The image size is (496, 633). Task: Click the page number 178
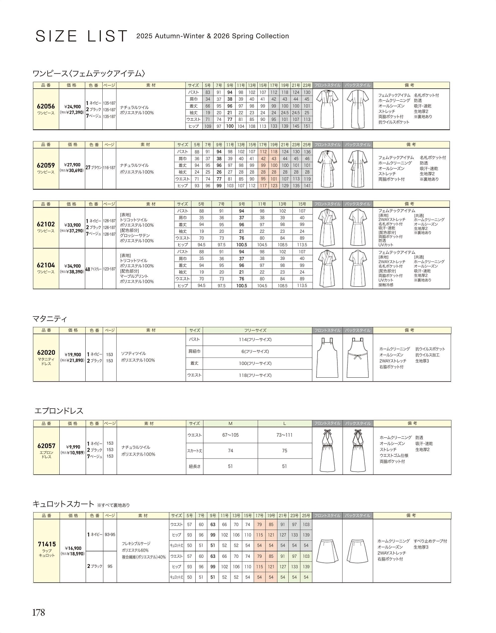pos(38,612)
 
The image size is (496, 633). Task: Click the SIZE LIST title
pos(81,36)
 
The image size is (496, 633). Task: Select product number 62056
pos(46,106)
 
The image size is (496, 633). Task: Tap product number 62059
pos(46,165)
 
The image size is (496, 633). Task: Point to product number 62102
pos(46,224)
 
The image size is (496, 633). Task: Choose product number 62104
pos(46,265)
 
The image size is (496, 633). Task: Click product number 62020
pos(46,353)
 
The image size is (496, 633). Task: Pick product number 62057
pos(46,446)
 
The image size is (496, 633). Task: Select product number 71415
pos(46,544)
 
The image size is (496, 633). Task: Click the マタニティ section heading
pos(50,319)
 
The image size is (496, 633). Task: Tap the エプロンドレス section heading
pos(59,411)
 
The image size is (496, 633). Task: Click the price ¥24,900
pos(72,107)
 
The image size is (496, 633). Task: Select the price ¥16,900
pos(73,548)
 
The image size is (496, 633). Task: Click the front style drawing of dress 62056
pos(327,109)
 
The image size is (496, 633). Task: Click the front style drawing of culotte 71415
pos(327,551)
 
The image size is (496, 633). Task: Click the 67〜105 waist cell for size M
pos(230,435)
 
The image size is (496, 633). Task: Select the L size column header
pos(284,423)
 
